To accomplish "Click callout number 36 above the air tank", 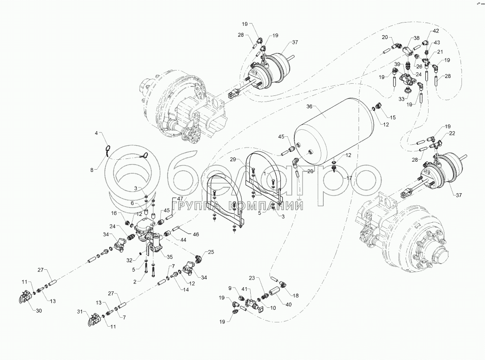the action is tap(309, 106).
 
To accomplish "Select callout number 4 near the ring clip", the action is tap(97, 134).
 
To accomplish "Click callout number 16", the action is tap(113, 212).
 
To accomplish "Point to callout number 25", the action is tap(210, 252).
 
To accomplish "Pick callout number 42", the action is tap(436, 31).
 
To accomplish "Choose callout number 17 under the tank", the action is tap(349, 179).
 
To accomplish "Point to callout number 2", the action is tap(135, 282).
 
